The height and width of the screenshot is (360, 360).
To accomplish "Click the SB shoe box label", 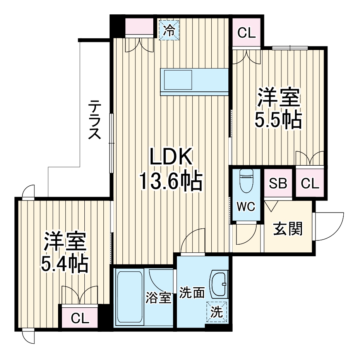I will (x=278, y=183).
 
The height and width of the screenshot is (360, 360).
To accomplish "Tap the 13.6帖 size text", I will (x=171, y=181).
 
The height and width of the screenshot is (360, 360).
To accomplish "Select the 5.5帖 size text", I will (x=278, y=121).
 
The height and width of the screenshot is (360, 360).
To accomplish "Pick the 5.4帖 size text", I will (x=64, y=264).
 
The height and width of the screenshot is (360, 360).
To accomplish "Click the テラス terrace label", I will (x=94, y=120).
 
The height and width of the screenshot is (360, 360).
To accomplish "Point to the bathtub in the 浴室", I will (x=129, y=297).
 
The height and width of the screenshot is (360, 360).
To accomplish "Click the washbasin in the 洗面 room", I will (x=219, y=285).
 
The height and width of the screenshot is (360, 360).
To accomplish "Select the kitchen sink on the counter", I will (x=178, y=81).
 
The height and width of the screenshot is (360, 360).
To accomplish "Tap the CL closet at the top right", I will (x=247, y=33).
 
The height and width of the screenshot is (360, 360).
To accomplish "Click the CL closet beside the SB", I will (x=310, y=183).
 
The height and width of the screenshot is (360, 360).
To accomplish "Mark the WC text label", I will (x=246, y=207).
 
